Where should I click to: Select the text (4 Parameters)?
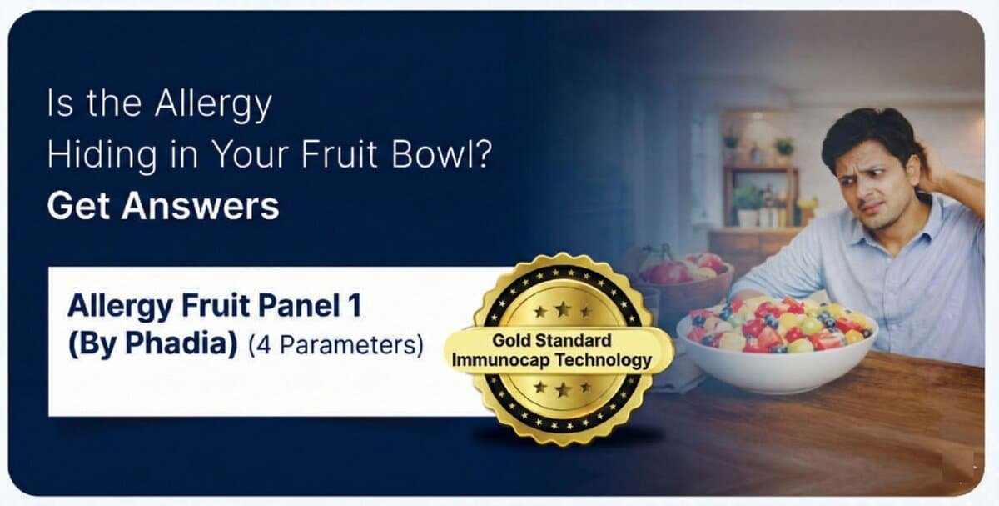[335, 344]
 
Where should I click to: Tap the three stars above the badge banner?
[562, 311]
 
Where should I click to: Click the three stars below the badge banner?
[562, 388]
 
